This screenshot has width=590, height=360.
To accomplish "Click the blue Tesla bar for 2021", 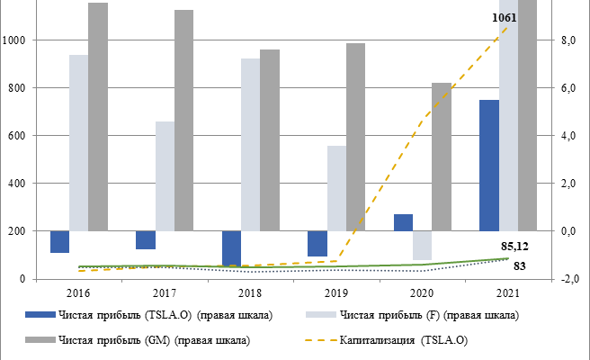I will [489, 165].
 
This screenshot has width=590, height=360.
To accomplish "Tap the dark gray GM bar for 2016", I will [98, 117].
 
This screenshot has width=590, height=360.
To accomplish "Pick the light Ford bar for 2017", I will [165, 175].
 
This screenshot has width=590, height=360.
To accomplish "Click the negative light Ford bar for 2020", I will [422, 246].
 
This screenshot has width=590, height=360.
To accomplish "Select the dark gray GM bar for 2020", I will [441, 157].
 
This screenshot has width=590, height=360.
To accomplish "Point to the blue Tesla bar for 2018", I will [232, 247].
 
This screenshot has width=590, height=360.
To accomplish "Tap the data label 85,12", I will [514, 245].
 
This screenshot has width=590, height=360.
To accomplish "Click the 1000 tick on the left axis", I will [15, 40].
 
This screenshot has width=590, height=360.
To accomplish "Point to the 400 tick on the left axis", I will [18, 184].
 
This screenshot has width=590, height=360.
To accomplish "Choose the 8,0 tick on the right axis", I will [568, 40].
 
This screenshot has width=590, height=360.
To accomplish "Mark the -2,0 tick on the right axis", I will [568, 279].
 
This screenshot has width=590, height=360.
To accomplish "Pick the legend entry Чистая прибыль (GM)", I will [153, 340].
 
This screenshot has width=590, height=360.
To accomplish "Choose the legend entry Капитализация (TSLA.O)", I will [404, 340].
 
